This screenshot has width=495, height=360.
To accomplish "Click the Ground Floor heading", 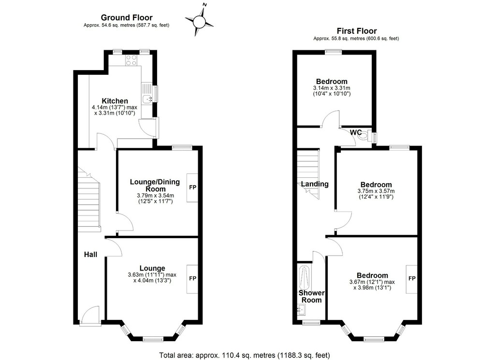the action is [x=127, y=18].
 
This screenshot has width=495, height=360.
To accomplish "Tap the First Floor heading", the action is [x=357, y=31].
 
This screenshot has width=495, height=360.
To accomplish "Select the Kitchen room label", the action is [x=115, y=101].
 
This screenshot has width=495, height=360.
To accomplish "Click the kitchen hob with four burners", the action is [x=131, y=60].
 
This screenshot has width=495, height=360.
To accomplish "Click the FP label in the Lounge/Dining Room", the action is [x=192, y=187].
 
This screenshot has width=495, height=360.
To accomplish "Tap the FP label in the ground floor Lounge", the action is [x=192, y=278].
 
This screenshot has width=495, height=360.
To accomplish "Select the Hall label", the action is [x=90, y=255].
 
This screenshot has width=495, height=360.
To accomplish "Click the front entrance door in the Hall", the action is [x=90, y=315].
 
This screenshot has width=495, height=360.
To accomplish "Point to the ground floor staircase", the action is [x=89, y=198].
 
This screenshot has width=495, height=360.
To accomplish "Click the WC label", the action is [x=356, y=132].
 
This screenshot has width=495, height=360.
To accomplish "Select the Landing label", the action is [x=315, y=184].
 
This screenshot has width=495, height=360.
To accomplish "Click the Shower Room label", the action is [x=312, y=297].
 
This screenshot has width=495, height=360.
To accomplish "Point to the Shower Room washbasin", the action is [x=301, y=310].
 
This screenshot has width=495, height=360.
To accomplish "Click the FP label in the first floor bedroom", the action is [x=412, y=279].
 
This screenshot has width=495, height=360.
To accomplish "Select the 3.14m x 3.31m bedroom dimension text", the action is [x=332, y=88].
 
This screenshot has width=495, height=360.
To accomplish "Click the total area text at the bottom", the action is [x=245, y=356].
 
